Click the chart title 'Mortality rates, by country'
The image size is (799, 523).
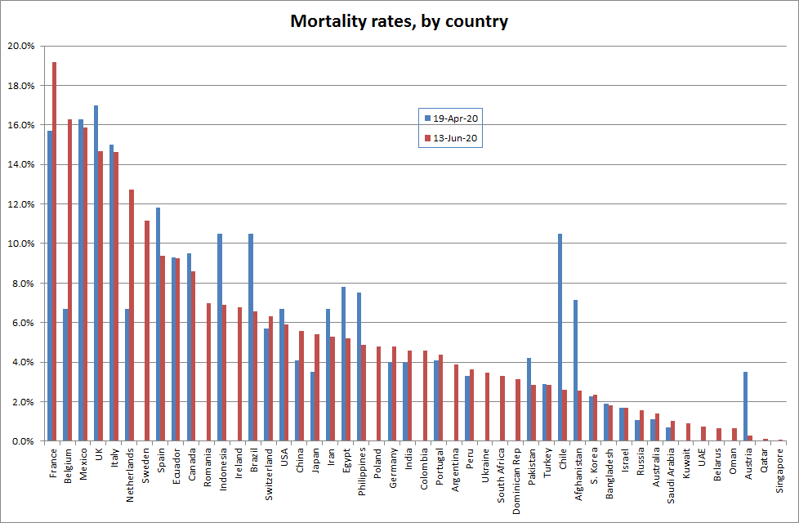pyautogui.click(x=399, y=21)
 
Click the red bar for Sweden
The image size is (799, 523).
pyautogui.click(x=147, y=331)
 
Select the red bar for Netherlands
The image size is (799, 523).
pyautogui.click(x=132, y=315)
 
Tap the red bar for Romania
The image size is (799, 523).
pyautogui.click(x=209, y=372)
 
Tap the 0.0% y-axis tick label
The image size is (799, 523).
pyautogui.click(x=22, y=441)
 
